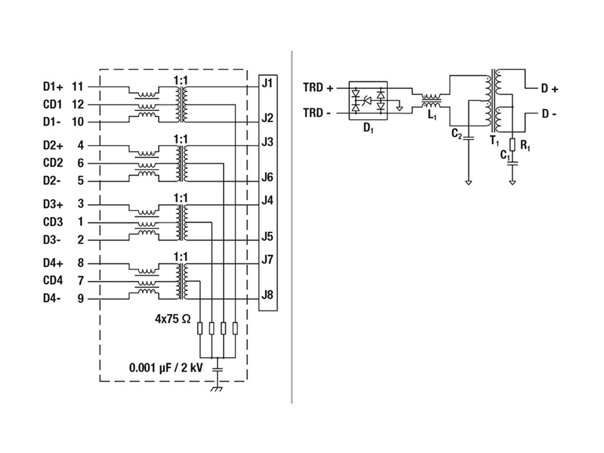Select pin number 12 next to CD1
[x=77, y=104]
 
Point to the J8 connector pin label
[x=268, y=295]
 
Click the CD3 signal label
[x=53, y=222]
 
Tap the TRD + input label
[x=318, y=88]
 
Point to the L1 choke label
[x=431, y=115]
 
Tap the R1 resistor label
[x=525, y=147]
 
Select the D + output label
[x=549, y=89]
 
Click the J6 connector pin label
[x=268, y=177]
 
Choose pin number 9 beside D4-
[x=80, y=298]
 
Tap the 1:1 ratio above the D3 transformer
[x=181, y=198]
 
